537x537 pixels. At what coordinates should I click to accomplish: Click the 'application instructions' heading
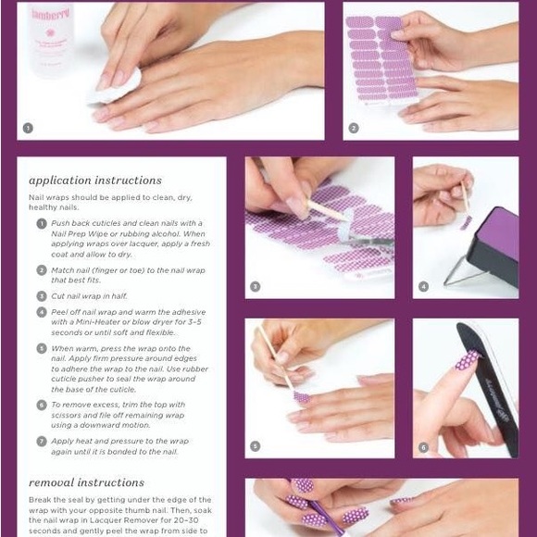(x=95, y=181)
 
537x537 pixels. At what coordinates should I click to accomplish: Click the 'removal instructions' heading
(x=86, y=482)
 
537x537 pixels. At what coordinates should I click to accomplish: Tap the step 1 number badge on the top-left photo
(x=28, y=128)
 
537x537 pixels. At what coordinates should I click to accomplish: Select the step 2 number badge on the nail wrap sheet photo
(x=354, y=128)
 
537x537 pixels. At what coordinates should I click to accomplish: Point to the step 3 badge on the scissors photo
(x=256, y=287)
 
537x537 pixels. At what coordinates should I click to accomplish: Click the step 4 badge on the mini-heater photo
(x=423, y=287)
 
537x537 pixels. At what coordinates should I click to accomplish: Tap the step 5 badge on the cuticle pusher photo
(x=256, y=446)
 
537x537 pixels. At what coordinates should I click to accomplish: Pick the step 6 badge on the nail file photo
(x=423, y=446)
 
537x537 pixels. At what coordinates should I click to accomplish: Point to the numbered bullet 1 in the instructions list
(x=42, y=223)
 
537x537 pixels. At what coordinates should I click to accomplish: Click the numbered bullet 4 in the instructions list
(x=42, y=312)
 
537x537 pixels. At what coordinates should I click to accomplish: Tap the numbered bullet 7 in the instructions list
(x=42, y=441)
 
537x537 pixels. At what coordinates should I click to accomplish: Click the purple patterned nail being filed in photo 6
(x=468, y=360)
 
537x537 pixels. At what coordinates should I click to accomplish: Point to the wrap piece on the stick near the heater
(x=465, y=222)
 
